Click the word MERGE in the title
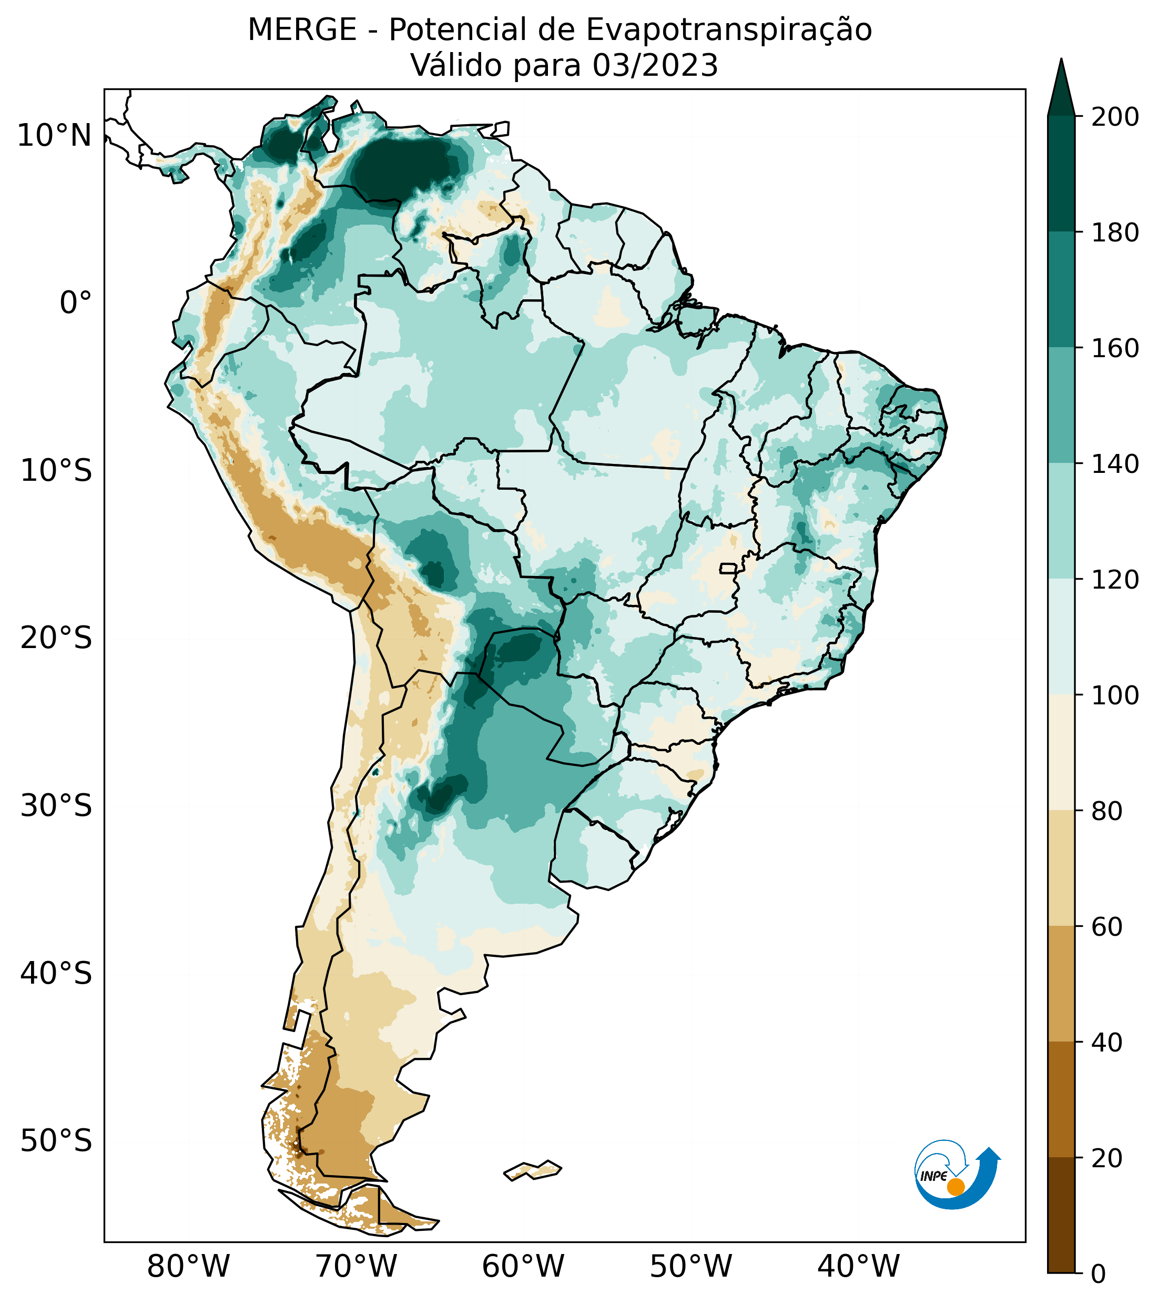(x=302, y=30)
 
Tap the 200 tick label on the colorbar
(x=1115, y=117)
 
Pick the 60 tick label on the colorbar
(x=1107, y=927)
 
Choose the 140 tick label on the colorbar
(x=1115, y=464)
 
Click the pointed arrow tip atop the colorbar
(x=1061, y=64)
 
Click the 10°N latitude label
(x=55, y=136)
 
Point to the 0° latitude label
(x=76, y=303)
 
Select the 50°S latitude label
(x=56, y=1141)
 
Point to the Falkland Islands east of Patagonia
(x=533, y=1170)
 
